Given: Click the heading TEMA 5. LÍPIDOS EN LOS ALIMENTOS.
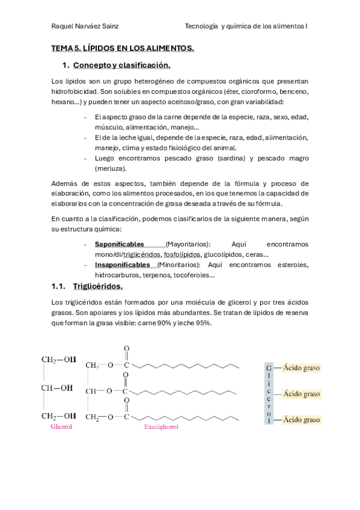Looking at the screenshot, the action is [123, 48].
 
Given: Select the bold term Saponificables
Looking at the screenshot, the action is [120, 244].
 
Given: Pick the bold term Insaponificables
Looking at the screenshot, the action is [123, 265].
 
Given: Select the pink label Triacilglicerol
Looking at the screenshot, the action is [162, 428].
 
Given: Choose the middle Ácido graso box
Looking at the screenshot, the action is [302, 394].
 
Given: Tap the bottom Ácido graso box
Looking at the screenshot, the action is [302, 420].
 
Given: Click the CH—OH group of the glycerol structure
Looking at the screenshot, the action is [58, 388].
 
